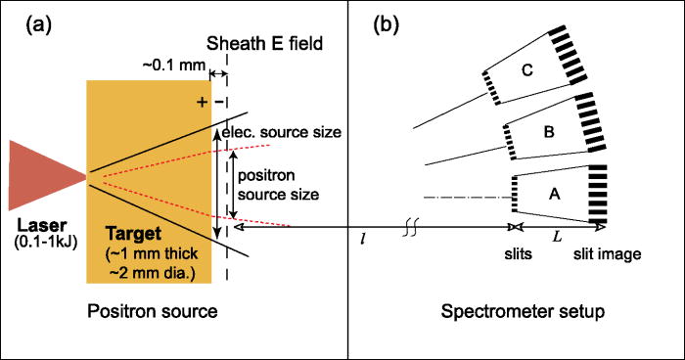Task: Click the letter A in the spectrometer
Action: click(555, 195)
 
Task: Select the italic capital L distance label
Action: click(556, 238)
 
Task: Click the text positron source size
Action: click(279, 181)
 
